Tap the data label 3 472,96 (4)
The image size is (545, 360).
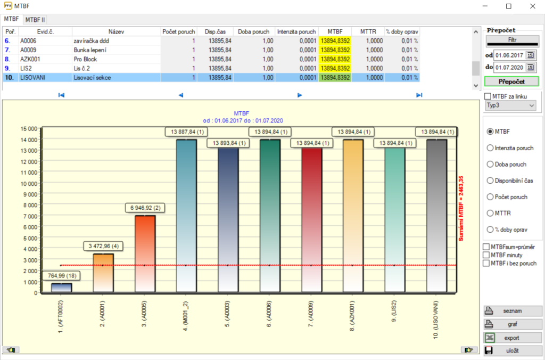click(x=104, y=246)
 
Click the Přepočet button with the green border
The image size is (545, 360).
click(x=511, y=82)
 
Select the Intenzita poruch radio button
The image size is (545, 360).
click(x=490, y=148)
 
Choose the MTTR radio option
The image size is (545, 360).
click(x=490, y=213)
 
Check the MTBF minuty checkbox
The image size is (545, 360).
click(x=486, y=255)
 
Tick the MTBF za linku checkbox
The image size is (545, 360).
click(x=488, y=96)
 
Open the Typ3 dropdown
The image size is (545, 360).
click(x=510, y=105)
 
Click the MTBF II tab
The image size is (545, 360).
click(x=36, y=20)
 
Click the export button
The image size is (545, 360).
click(x=511, y=338)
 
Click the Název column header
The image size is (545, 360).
click(x=116, y=32)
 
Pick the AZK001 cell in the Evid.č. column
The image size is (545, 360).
click(x=30, y=59)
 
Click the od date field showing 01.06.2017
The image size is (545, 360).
click(x=509, y=55)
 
